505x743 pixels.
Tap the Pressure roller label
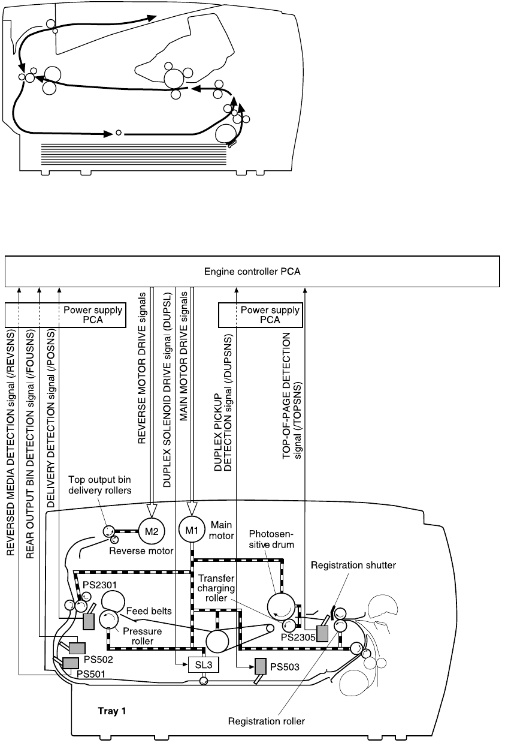click(x=138, y=636)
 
